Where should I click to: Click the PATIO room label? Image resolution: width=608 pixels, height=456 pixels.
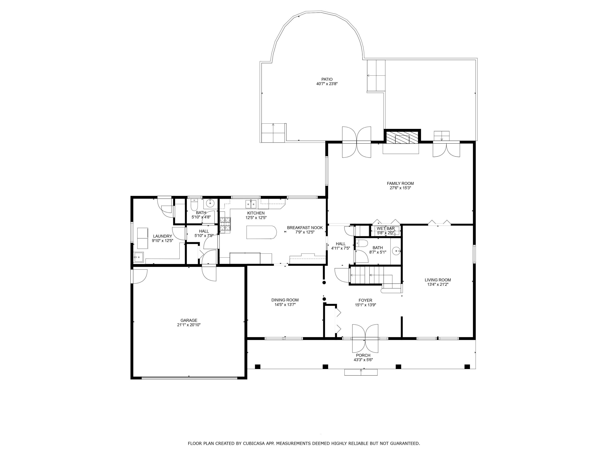point(327,79)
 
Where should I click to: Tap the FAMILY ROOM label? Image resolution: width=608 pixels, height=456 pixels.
point(400,183)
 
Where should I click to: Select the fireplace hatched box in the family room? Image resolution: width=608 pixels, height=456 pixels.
point(402,138)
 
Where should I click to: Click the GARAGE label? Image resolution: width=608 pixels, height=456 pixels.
point(189,320)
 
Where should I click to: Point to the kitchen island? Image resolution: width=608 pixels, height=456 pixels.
point(261,232)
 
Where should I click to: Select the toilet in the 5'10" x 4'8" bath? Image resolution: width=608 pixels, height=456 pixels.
point(194,206)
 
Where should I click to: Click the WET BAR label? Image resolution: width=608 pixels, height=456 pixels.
point(386,228)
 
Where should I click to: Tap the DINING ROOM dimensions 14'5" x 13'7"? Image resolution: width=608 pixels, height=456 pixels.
point(285,305)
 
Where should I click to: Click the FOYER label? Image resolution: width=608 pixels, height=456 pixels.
point(365,300)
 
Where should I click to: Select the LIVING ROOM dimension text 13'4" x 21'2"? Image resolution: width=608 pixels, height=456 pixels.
point(438,285)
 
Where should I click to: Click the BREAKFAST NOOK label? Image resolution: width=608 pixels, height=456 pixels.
point(305,228)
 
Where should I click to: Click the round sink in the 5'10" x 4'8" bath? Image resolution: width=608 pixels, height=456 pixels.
point(211,204)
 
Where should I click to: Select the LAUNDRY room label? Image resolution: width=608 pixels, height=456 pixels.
point(163,236)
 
